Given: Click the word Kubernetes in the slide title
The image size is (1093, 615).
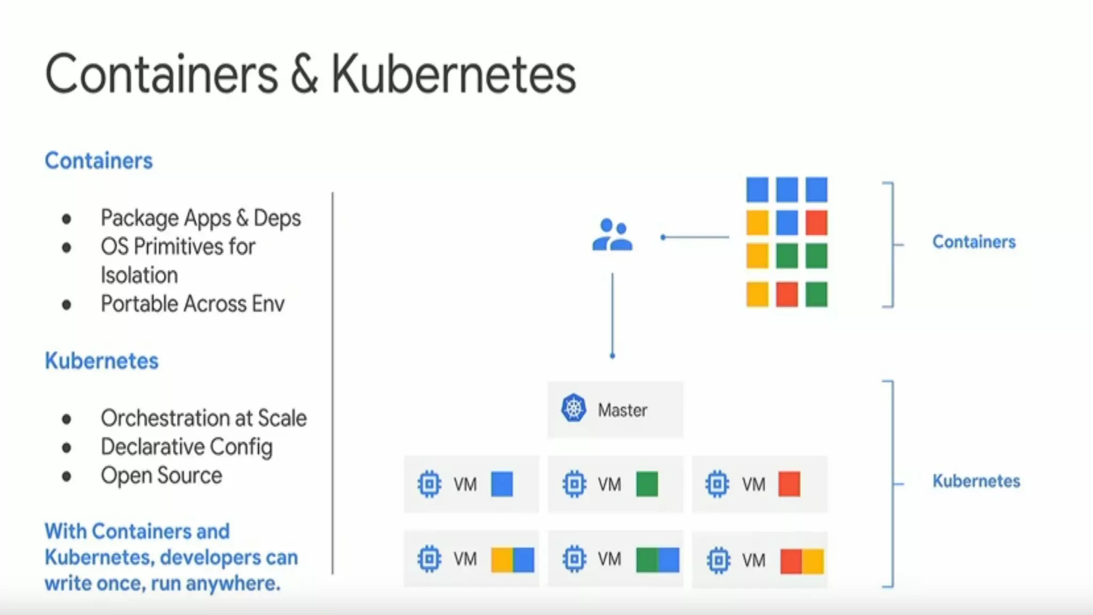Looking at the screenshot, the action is click(x=454, y=75).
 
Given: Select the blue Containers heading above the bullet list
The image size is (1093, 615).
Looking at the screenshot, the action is click(x=99, y=161).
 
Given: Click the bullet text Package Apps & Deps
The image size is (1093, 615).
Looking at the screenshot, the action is click(x=201, y=218).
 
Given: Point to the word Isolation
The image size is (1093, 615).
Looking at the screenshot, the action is click(x=139, y=275).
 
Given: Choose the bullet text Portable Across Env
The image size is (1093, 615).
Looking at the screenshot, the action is click(x=193, y=304).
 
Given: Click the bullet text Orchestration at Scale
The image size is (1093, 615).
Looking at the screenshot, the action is click(x=203, y=418).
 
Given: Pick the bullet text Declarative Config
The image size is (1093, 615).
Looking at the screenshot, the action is click(x=186, y=447).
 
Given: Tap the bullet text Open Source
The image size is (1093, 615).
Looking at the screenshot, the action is click(x=161, y=476).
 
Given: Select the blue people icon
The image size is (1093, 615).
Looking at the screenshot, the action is click(x=612, y=235).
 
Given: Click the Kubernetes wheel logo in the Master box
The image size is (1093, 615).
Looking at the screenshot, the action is click(x=574, y=408).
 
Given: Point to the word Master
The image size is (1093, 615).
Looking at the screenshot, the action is click(x=622, y=410).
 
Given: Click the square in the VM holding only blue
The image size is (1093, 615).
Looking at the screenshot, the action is click(x=502, y=484).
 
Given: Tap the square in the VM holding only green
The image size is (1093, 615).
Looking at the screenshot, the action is click(x=647, y=484).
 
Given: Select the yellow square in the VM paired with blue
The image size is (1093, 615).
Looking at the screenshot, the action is click(x=502, y=559).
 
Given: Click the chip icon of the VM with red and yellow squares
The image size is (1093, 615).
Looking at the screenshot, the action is click(x=718, y=560).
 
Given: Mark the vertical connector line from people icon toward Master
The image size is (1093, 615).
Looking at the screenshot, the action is click(x=612, y=315).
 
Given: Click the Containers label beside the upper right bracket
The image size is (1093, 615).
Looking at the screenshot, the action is click(x=974, y=242).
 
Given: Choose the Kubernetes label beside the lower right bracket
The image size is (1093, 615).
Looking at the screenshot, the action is click(x=976, y=481).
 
